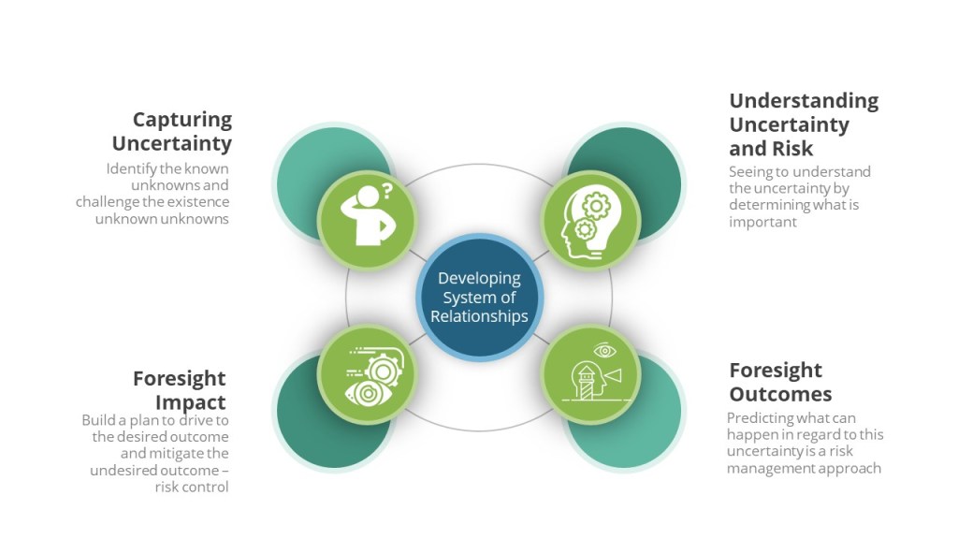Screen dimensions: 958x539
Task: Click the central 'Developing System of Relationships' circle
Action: [480, 298]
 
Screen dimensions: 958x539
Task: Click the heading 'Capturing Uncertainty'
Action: [172, 131]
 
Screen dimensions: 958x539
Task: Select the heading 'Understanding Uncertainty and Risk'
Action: [804, 124]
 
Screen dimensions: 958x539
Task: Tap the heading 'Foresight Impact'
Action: [179, 390]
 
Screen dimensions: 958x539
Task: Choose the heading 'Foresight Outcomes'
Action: [780, 382]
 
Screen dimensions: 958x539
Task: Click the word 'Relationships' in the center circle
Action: [479, 316]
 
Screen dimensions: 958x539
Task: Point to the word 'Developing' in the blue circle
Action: [480, 279]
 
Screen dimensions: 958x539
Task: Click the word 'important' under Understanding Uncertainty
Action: [762, 222]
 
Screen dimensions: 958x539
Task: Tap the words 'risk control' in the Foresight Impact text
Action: [191, 487]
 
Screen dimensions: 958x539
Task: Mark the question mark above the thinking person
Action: [386, 191]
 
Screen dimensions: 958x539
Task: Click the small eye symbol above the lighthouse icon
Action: [605, 350]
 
